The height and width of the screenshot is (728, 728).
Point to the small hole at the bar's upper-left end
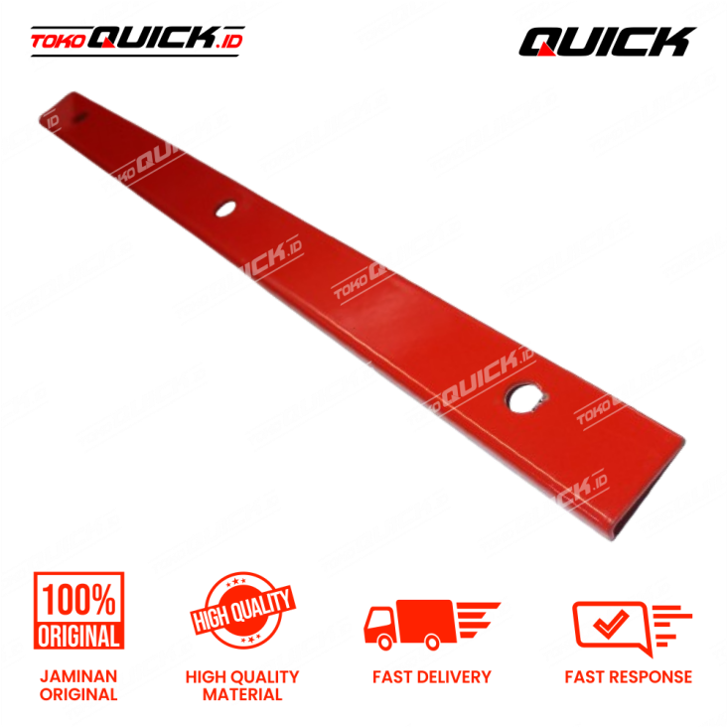point(81,118)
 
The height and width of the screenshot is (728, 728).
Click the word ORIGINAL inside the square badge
point(79,635)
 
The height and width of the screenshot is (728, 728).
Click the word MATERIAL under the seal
point(242,695)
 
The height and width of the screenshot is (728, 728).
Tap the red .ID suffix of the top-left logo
point(229,41)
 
